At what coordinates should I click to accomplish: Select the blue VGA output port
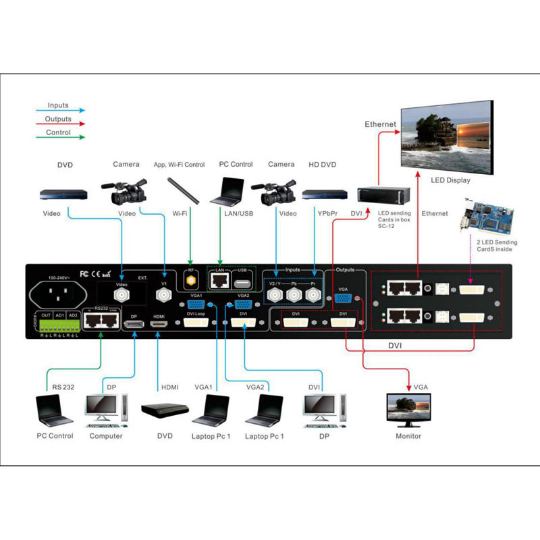pos(342,302)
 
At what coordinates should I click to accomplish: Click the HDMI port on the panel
pos(159,325)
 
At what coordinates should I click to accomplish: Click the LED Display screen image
pos(445,136)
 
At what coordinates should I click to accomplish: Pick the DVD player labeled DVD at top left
pos(63,194)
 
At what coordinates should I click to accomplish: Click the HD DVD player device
pos(319,195)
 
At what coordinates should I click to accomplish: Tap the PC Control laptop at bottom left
pos(53,408)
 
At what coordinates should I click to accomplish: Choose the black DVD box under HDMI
pos(165,410)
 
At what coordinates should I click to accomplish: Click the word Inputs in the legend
pos(58,105)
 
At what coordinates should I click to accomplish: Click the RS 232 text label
pos(63,387)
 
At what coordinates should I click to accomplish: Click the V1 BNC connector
pos(163,296)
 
